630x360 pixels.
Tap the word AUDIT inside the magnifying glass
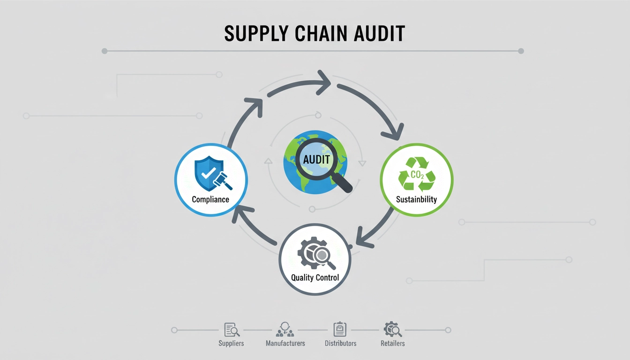click(x=316, y=159)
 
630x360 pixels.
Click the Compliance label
click(x=210, y=199)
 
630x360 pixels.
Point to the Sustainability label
click(x=416, y=199)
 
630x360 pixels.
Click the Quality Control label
click(x=315, y=277)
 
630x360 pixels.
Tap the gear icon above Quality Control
click(x=311, y=253)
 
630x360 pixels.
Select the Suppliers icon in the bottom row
click(x=232, y=330)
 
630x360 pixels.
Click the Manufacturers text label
click(x=285, y=343)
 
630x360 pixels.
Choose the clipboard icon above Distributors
click(x=339, y=330)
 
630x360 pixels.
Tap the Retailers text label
click(x=392, y=343)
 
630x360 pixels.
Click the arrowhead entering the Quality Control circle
click(x=361, y=236)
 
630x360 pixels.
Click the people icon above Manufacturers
click(x=285, y=330)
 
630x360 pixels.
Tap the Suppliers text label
click(x=231, y=343)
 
